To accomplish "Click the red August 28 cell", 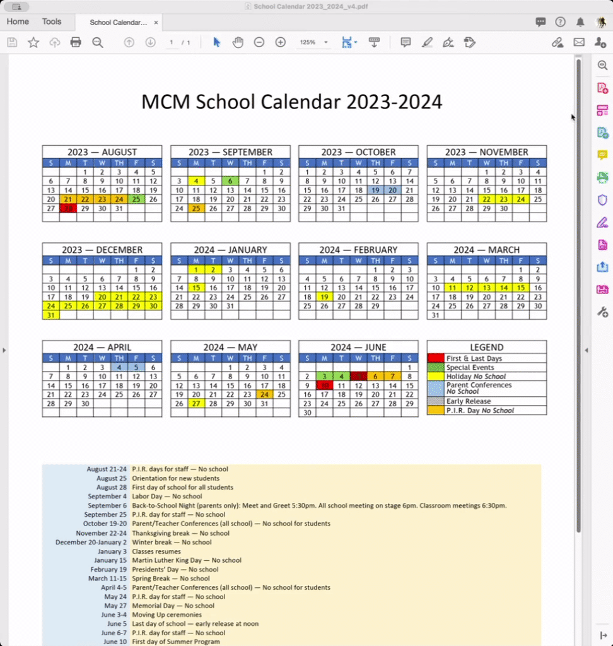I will point(68,208).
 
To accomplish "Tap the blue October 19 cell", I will point(375,190).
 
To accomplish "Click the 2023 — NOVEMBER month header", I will point(486,152).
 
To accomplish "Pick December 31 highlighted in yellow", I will point(51,315).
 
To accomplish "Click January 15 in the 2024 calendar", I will point(196,288).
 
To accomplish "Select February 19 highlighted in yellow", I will point(324,297).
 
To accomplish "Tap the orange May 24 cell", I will point(264,394).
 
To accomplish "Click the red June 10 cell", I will point(324,385).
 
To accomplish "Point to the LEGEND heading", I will point(486,347).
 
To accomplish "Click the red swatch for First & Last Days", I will point(436,358).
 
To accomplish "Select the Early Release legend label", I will point(468,401).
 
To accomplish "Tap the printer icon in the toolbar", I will point(76,42).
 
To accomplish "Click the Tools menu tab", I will point(52,21).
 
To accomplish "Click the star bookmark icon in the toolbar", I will point(33,42).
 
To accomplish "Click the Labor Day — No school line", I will point(166,496).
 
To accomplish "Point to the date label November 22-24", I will point(101,533).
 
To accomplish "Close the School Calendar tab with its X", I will point(156,23).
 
